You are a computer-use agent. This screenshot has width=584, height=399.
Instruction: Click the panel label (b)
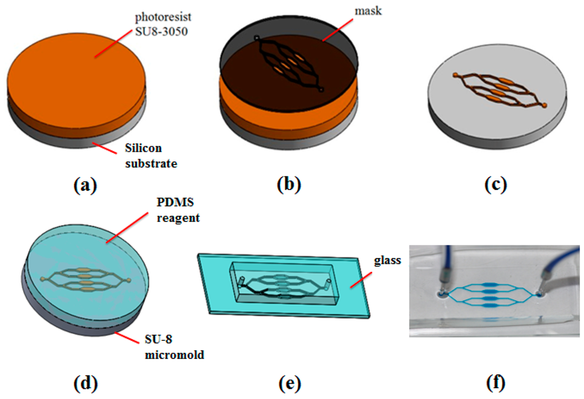pos(289,184)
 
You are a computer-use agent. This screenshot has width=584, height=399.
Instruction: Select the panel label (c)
pos(495,184)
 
